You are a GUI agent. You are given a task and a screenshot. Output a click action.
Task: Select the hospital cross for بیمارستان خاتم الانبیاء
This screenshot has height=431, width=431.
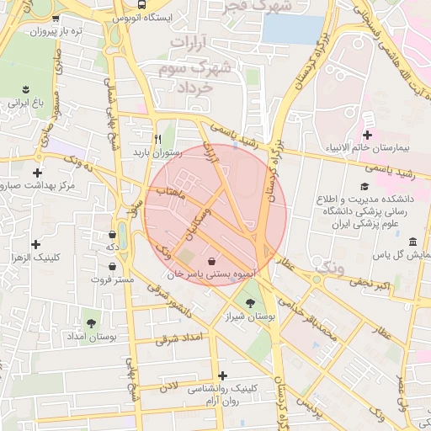click(x=367, y=135)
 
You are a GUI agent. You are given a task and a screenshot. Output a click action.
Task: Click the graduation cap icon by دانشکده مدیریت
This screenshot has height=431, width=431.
click(x=364, y=187)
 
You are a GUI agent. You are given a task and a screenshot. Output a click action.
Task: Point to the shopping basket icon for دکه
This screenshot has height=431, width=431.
click(x=113, y=234)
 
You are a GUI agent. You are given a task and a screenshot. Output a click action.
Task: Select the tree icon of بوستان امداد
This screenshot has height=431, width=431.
click(x=91, y=322)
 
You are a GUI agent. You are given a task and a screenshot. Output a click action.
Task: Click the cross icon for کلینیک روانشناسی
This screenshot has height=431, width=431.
click(x=222, y=375)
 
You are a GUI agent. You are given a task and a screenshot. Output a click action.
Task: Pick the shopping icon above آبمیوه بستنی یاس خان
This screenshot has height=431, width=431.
click(x=210, y=259)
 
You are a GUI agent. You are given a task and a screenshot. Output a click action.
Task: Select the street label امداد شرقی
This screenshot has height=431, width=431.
click(x=179, y=338)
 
